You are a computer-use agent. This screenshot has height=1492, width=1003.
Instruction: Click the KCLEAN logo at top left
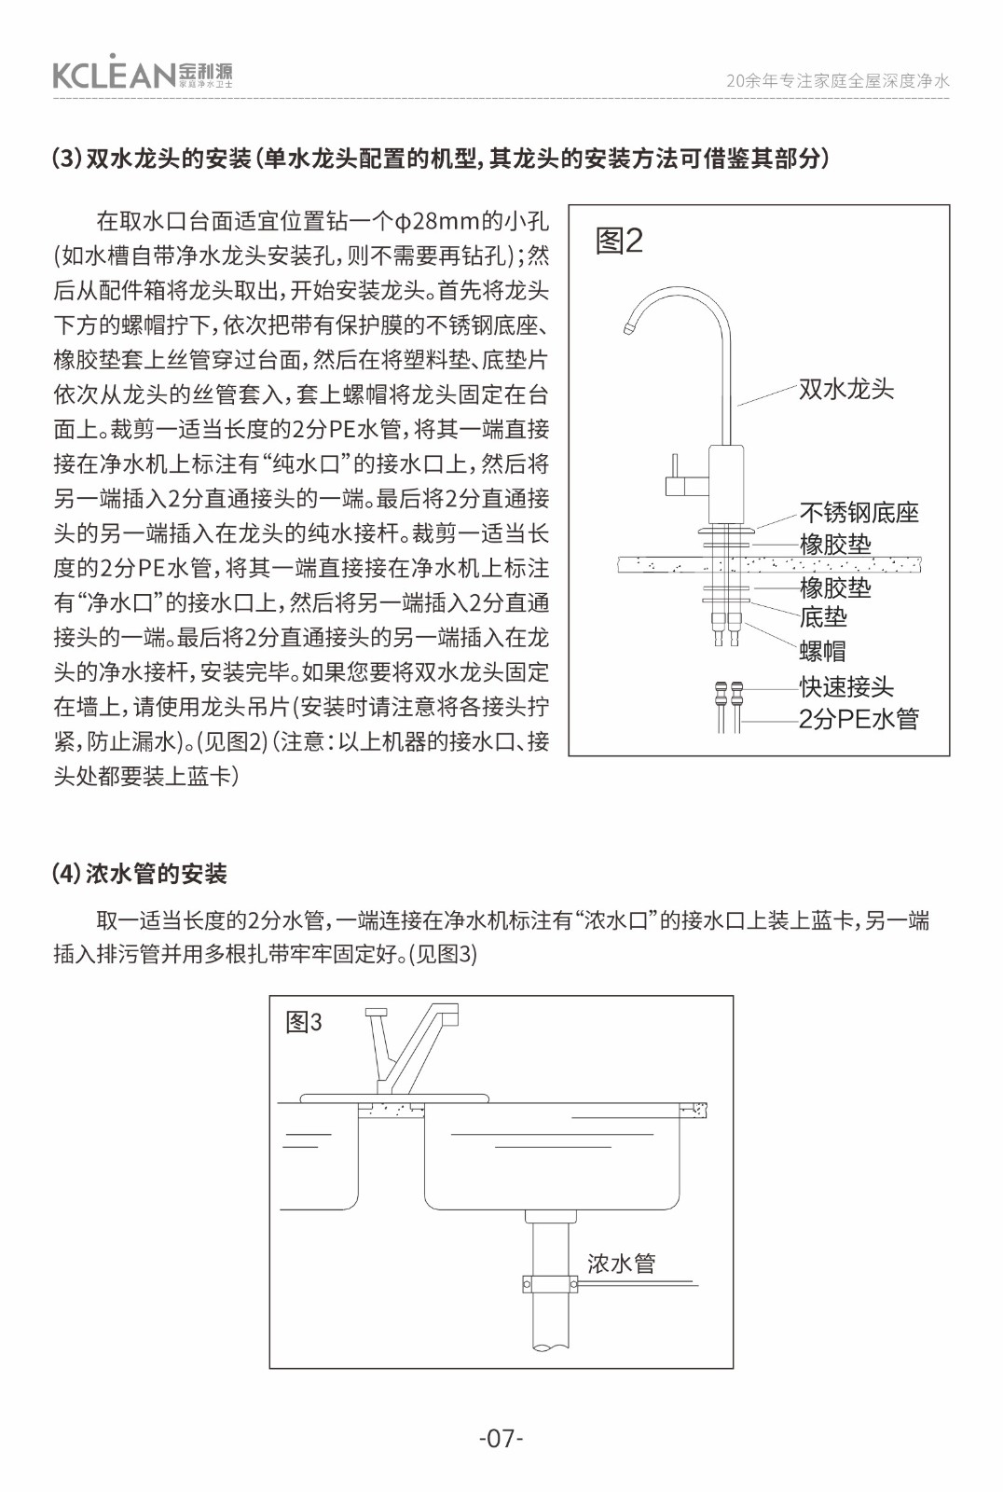point(143,72)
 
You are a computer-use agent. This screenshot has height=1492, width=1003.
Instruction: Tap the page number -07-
point(501,1438)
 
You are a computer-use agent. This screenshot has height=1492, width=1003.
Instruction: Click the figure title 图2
point(619,241)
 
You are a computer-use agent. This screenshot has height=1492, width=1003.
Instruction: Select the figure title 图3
point(304,1022)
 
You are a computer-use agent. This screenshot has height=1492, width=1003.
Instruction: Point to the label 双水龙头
point(846,389)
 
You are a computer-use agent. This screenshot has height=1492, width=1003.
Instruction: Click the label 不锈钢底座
point(859,512)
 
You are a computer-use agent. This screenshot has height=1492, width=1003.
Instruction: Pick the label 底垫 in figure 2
point(823,617)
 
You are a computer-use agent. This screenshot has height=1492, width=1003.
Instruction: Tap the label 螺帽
point(822,650)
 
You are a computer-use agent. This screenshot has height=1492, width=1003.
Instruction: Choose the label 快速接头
point(845,686)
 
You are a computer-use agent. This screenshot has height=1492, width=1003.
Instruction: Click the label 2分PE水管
point(859,719)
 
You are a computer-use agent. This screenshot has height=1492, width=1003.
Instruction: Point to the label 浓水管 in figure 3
point(621,1264)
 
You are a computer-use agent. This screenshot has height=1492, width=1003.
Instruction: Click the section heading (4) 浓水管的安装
point(140,874)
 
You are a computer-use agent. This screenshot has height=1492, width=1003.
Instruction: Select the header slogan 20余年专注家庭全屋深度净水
point(837,81)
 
